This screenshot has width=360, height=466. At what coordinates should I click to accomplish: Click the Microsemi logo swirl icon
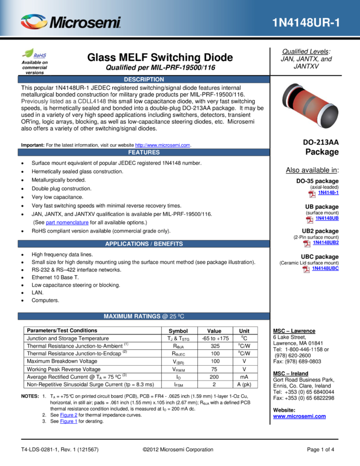coord(34,22)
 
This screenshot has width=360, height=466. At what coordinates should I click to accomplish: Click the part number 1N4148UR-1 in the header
coord(306,22)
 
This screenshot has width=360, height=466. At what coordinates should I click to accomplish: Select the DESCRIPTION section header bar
coord(144,79)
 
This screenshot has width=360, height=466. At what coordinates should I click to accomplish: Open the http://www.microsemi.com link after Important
coord(163,145)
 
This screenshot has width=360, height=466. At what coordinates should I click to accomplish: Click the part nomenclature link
coord(67,222)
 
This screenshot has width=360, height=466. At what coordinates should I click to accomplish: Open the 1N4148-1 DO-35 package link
coord(328,192)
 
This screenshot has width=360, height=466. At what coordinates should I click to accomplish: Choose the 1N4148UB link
coord(327,218)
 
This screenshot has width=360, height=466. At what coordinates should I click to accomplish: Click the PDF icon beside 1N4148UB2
coord(306,244)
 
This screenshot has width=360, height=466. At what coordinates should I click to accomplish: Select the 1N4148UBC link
coord(325,268)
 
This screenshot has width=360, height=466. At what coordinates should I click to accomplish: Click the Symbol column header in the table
coord(178,331)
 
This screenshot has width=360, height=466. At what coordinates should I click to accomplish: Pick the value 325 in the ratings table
coord(215,346)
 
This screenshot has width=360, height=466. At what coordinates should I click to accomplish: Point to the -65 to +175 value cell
coord(215,338)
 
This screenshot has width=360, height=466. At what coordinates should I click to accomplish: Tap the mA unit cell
coord(244,377)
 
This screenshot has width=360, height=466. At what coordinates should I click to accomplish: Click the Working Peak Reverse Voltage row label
coord(64,369)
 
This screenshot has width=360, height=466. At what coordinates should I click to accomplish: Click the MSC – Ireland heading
coord(290,373)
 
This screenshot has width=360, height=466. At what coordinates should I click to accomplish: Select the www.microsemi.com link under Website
coord(299,416)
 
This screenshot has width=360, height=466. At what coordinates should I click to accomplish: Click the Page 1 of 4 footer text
coord(321,450)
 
